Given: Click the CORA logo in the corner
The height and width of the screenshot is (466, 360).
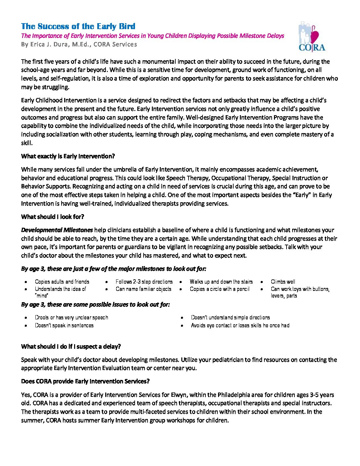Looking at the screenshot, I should click(x=311, y=37).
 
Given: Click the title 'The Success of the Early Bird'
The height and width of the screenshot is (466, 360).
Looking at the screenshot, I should click(x=78, y=26).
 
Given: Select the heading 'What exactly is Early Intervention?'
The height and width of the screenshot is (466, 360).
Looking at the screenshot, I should click(x=68, y=156).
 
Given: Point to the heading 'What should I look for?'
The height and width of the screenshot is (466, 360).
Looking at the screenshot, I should click(x=53, y=217).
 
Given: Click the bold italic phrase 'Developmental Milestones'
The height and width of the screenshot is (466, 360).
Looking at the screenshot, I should click(x=57, y=230).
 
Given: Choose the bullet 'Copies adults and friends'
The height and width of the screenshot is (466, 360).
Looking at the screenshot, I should click(x=62, y=282).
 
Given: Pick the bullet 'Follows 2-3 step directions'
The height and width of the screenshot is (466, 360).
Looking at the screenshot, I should click(x=144, y=282).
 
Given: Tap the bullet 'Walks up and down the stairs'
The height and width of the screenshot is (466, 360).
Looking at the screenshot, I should click(x=221, y=282).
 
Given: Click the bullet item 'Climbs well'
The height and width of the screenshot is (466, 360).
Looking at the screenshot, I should click(x=283, y=282).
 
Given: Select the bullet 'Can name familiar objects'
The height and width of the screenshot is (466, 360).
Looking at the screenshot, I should click(x=143, y=289).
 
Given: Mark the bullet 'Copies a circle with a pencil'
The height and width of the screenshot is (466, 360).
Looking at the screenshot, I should click(x=219, y=289).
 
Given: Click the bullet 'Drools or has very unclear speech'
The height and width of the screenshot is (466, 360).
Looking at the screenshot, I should click(x=71, y=317).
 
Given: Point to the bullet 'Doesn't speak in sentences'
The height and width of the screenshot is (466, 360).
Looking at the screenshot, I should click(x=64, y=325).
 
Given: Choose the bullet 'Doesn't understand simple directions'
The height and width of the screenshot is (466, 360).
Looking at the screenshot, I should click(x=230, y=317).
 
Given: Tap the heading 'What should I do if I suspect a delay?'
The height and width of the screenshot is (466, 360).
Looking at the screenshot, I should click(x=71, y=347).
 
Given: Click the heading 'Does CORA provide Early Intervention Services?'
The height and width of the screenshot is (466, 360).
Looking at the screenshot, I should click(x=85, y=381).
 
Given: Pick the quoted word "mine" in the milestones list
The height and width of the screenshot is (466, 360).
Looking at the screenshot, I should click(x=41, y=296).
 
